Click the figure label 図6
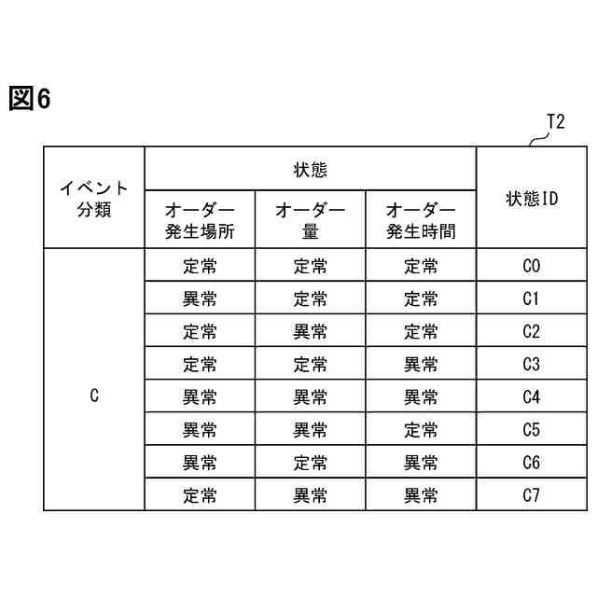[x=29, y=98]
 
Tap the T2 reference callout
[x=554, y=122]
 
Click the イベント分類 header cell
[x=94, y=198]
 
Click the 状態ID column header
[x=532, y=198]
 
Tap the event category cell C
[x=94, y=396]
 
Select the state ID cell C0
[x=532, y=267]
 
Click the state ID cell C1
[x=532, y=299]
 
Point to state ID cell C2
[x=532, y=332]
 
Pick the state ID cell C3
[x=532, y=365]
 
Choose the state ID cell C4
[x=532, y=397]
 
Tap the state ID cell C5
[x=532, y=430]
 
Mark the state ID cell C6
[x=532, y=463]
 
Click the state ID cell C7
[x=532, y=495]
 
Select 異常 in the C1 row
[x=200, y=299]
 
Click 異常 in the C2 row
[x=310, y=332]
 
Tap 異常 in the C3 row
[x=421, y=365]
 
